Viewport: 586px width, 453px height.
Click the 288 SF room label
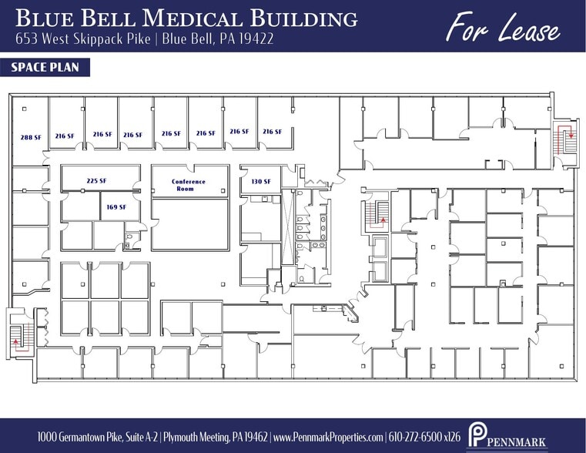pos(31,136)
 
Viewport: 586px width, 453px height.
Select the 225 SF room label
pos(96,181)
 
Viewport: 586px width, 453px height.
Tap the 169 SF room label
pos(116,206)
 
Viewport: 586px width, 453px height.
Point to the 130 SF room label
pos(261,181)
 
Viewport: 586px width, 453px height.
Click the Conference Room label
pos(189,185)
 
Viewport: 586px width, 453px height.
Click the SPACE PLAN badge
pos(45,68)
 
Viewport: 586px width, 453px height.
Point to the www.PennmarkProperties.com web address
pos(329,437)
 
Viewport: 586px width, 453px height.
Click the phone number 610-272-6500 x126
pos(424,437)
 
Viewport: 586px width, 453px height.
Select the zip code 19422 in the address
pos(256,38)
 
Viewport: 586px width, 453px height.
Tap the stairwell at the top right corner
pos(568,140)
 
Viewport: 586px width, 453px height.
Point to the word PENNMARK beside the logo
pos(518,442)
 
